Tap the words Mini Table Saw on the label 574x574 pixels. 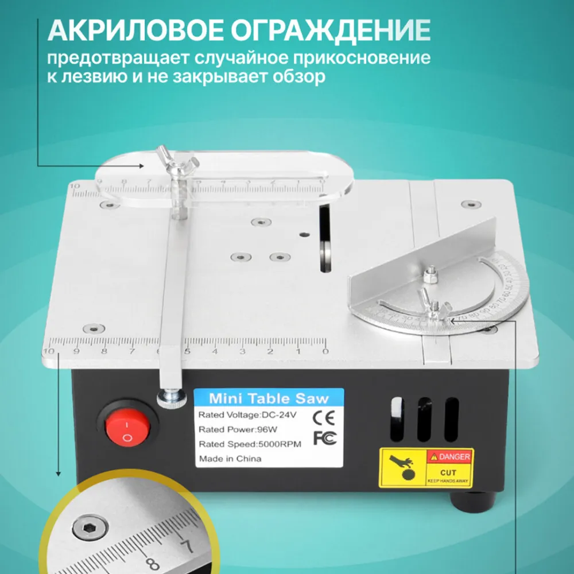click(269, 398)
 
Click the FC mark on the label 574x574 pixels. click(322, 437)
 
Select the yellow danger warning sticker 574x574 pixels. click(426, 468)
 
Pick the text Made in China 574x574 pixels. click(230, 459)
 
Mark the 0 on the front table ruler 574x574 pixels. click(325, 351)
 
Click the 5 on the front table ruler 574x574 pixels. click(187, 351)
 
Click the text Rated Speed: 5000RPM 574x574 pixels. click(245, 444)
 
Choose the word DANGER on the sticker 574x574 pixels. click(455, 457)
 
